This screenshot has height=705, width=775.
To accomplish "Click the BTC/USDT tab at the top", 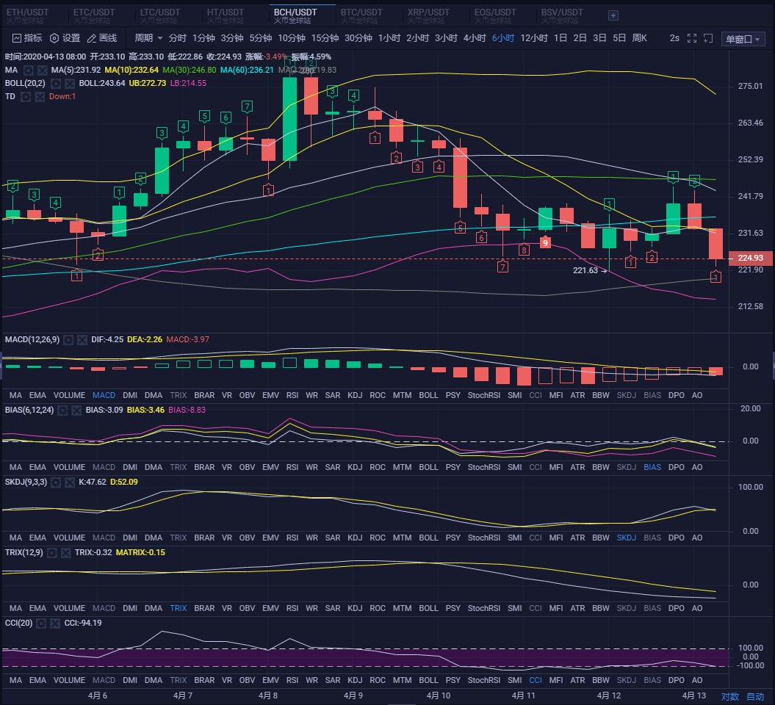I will (361, 12).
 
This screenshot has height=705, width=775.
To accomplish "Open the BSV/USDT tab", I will (562, 12).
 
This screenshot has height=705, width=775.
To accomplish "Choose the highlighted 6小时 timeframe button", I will (503, 38).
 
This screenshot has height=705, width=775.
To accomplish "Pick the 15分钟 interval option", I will (325, 38).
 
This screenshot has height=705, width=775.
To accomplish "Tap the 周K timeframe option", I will (639, 38).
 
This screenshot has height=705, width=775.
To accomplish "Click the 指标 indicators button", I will (27, 38).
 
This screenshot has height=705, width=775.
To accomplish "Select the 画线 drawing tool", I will (102, 38).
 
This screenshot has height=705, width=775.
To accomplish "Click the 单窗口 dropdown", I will (743, 39).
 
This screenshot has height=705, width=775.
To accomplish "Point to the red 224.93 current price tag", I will (750, 258).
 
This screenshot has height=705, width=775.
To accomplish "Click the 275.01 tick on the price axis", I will (750, 87).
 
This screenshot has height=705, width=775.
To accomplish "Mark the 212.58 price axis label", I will (750, 306).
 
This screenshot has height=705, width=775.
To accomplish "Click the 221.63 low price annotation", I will (586, 270).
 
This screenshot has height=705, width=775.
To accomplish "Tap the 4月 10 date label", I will (439, 695).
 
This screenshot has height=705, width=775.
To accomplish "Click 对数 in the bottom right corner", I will (729, 696).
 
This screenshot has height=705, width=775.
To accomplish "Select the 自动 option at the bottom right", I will (755, 696).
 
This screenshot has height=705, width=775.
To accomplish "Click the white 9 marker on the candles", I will (545, 242).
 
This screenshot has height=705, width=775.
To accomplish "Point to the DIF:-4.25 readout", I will (107, 339).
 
